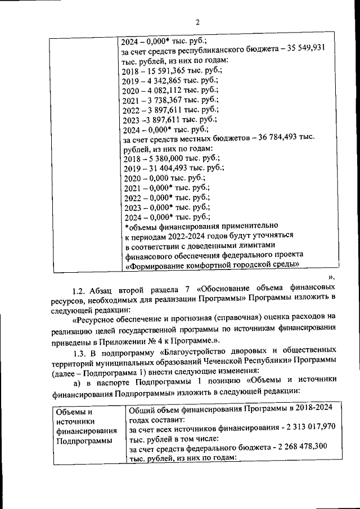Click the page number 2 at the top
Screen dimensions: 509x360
point(198,22)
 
